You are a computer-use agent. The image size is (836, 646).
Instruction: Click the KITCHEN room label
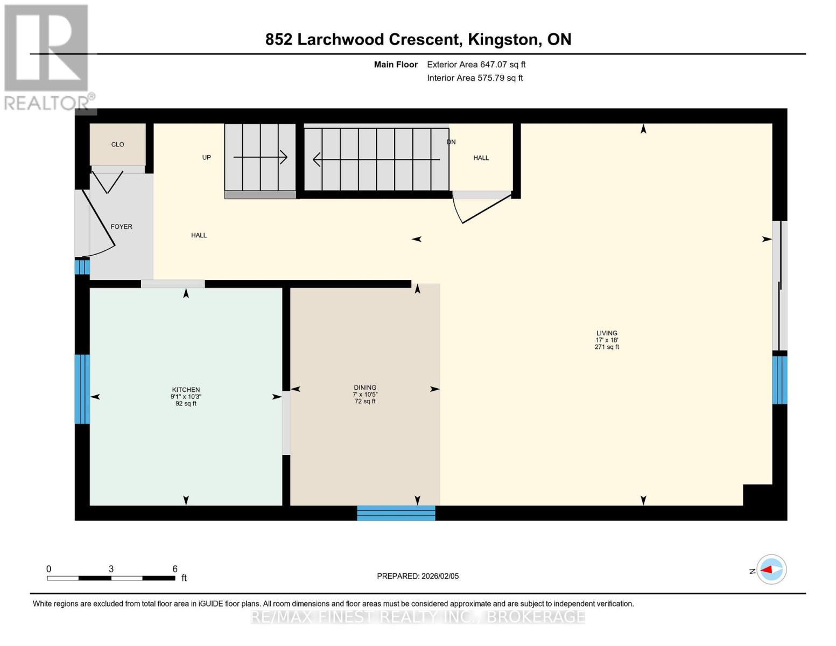186,390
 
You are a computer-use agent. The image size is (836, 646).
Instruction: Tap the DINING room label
365,388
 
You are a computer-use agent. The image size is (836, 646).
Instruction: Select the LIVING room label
607,333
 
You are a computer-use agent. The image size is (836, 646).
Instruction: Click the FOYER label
122,227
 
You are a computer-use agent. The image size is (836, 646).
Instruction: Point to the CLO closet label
118,144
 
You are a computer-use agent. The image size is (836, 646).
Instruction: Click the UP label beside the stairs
206,158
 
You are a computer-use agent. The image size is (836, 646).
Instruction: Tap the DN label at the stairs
451,142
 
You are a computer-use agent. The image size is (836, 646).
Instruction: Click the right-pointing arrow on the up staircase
260,157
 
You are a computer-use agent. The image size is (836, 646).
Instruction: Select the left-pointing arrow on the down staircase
377,159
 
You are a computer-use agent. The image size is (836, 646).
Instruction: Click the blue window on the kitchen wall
82,389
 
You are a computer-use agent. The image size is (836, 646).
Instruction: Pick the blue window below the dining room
396,513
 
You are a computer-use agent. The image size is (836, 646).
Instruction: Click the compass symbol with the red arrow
771,570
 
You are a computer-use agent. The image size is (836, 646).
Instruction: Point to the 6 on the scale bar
175,569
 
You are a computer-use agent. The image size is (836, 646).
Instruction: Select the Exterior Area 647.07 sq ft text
476,65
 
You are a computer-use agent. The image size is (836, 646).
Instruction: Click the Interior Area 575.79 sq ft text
475,78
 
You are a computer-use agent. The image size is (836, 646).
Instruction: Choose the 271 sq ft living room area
607,347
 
